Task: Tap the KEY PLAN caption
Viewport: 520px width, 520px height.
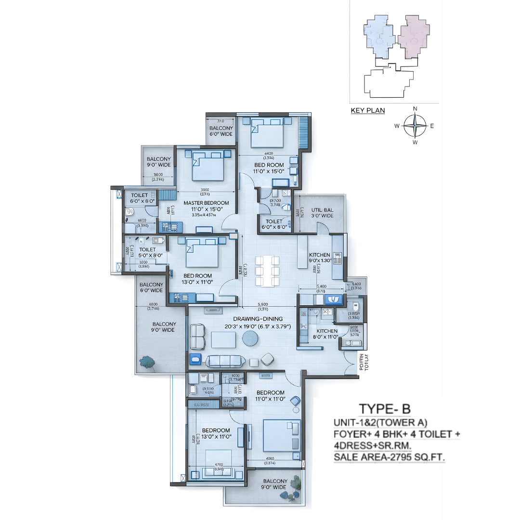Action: (x=368, y=110)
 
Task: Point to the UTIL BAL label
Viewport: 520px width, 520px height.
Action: (x=322, y=212)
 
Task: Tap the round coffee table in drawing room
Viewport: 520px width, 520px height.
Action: (x=250, y=339)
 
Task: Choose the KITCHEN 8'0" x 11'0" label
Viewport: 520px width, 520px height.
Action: (x=327, y=334)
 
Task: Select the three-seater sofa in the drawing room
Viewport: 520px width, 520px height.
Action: (x=223, y=361)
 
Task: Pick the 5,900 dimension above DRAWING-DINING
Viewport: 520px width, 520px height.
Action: (x=262, y=304)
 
